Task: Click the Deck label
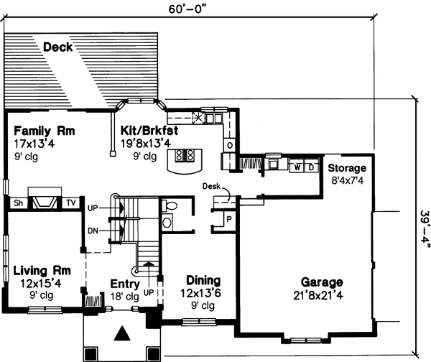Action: [57, 48]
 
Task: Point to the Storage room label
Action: [348, 168]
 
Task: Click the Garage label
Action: [322, 282]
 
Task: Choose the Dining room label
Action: [203, 280]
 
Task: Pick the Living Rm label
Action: [42, 271]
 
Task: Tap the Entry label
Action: [124, 284]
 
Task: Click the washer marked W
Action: [297, 167]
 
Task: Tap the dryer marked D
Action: [311, 167]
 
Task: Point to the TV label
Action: [70, 203]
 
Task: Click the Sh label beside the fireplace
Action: [17, 203]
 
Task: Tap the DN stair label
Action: [92, 230]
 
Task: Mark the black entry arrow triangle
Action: [123, 333]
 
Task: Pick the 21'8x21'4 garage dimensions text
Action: [322, 295]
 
